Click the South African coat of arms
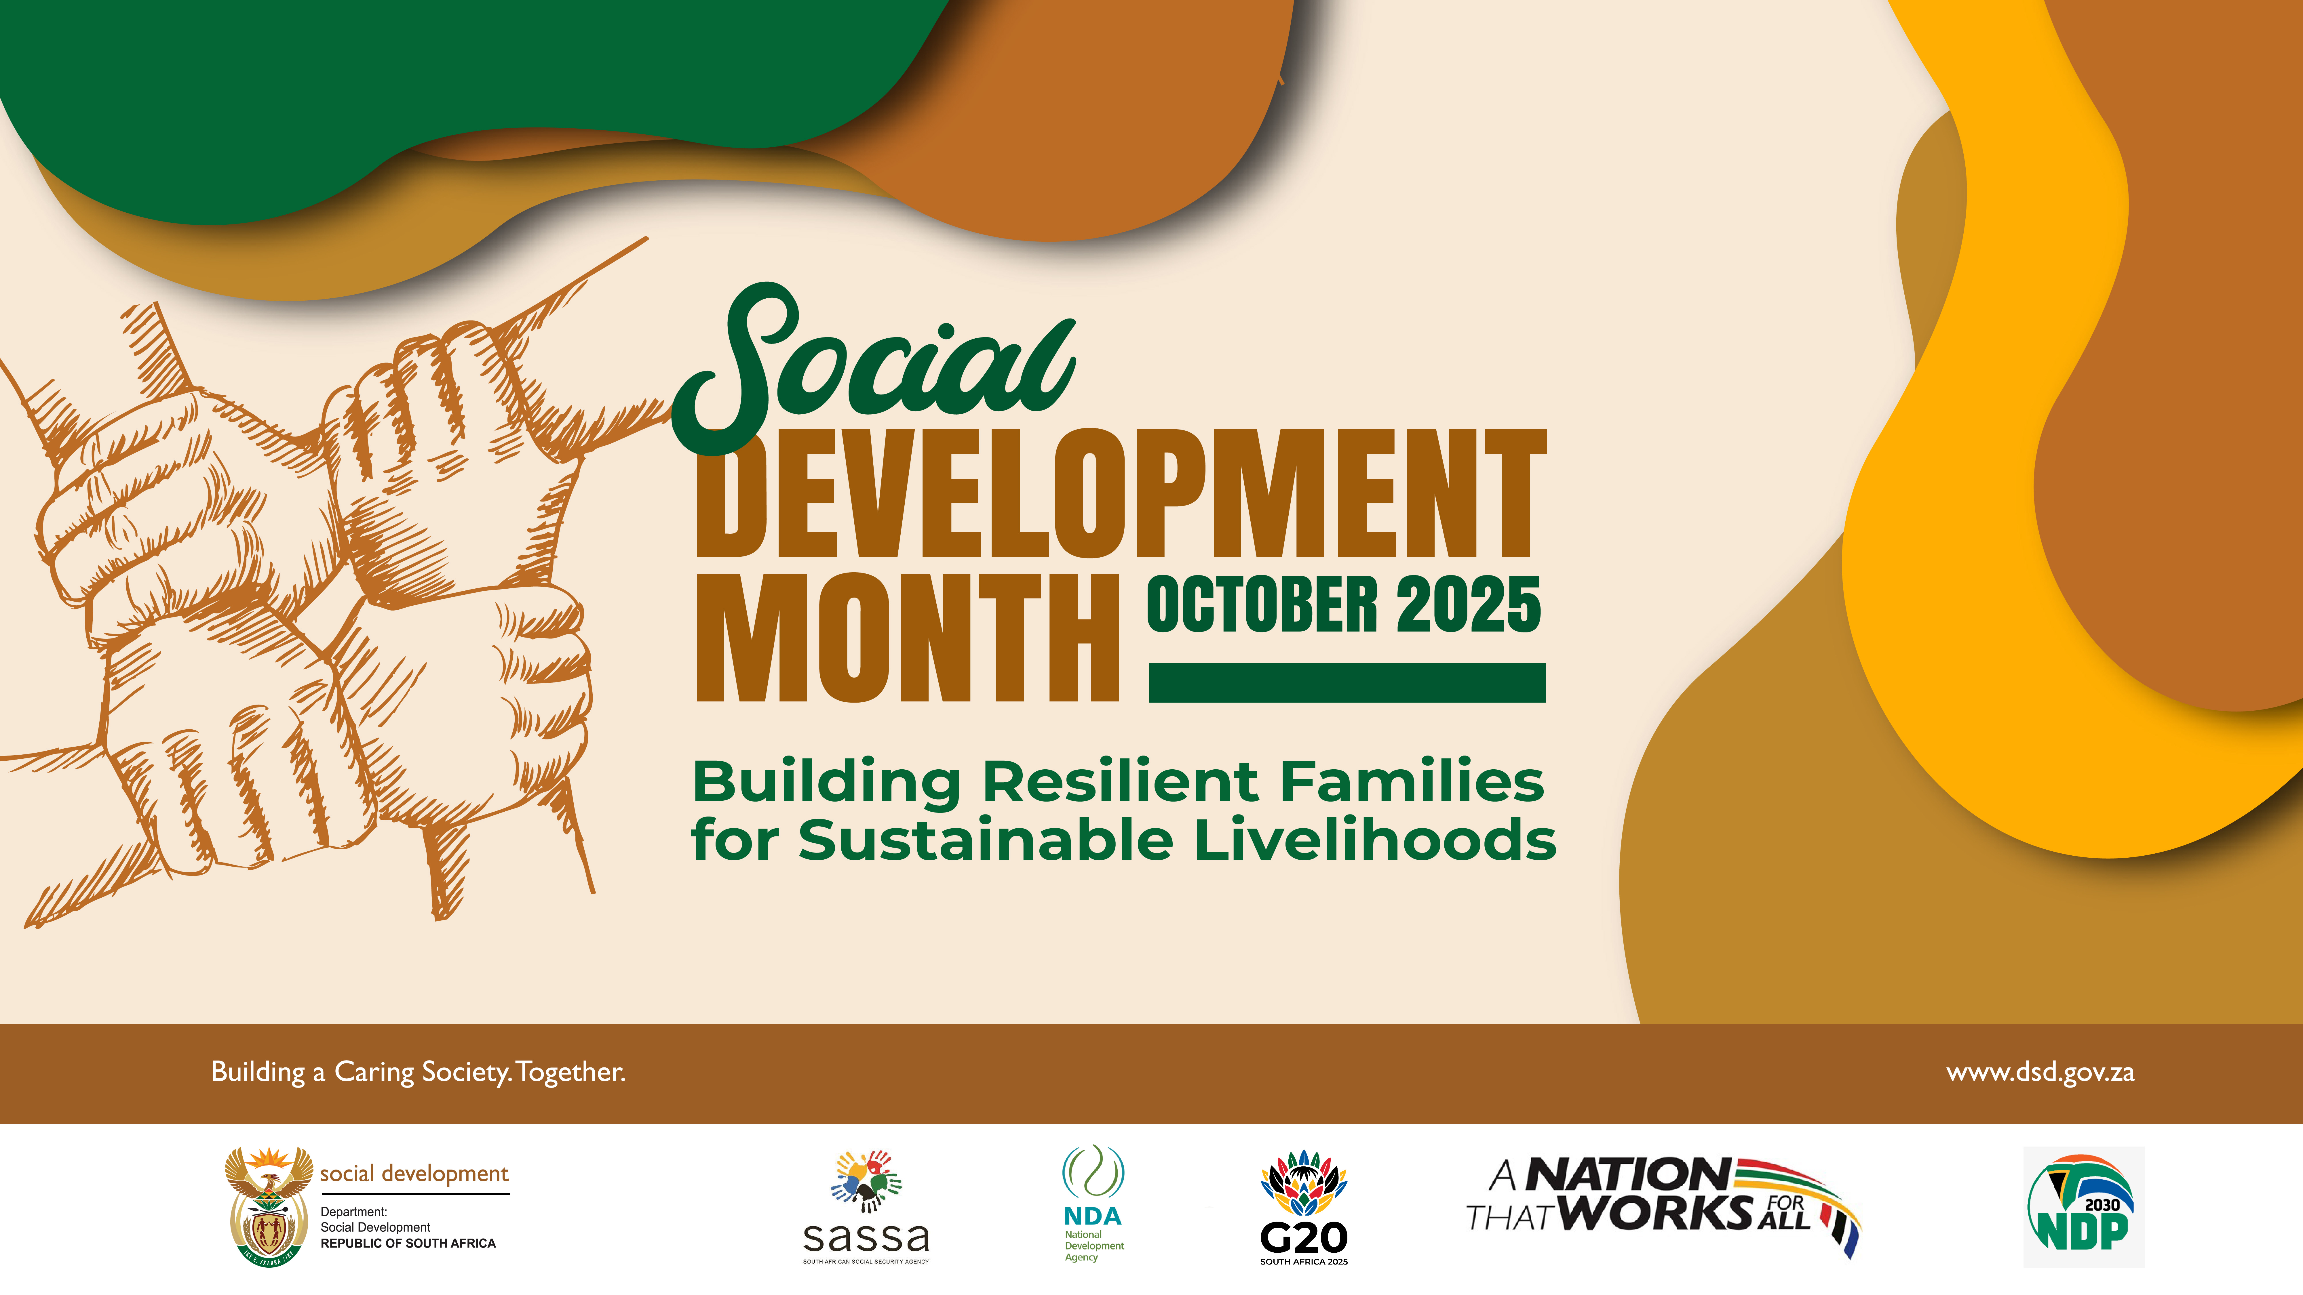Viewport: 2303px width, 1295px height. (x=268, y=1206)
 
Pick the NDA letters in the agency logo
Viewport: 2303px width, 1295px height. (x=1093, y=1216)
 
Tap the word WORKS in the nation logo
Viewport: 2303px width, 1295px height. (x=1659, y=1213)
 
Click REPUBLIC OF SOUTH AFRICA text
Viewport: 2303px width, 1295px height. (x=408, y=1243)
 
